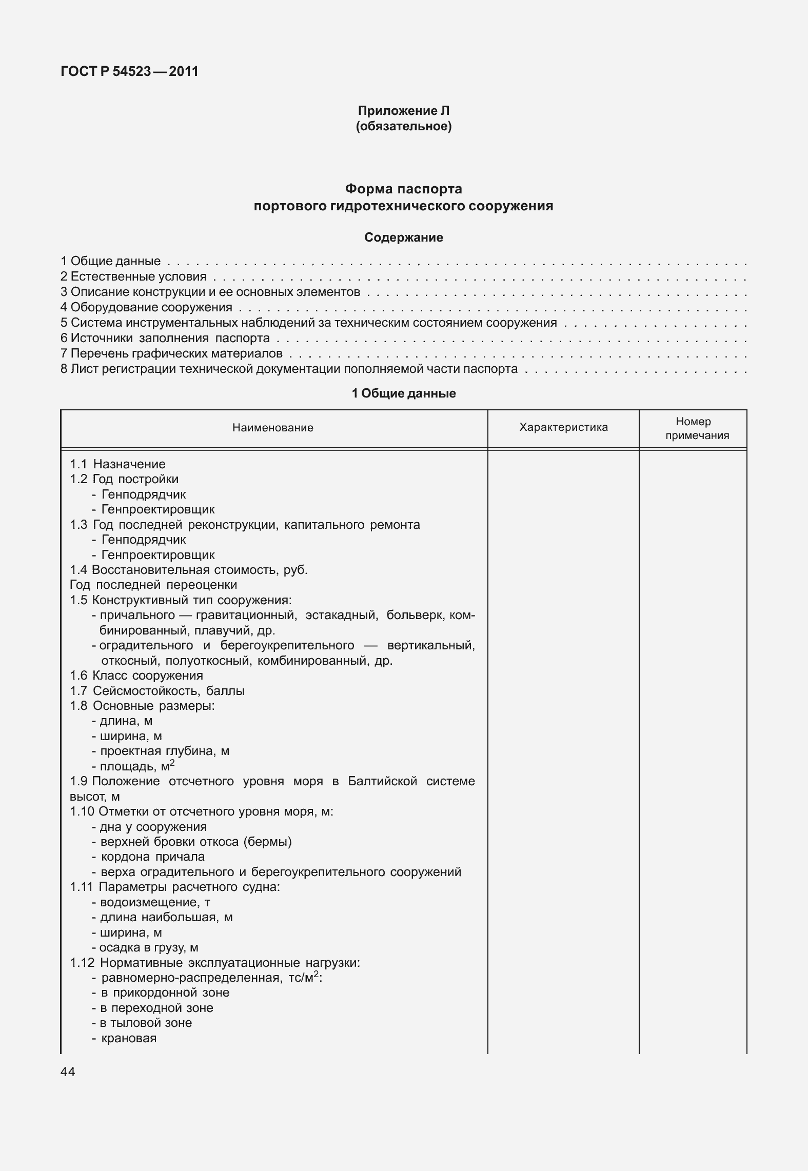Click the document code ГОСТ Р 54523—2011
(x=129, y=71)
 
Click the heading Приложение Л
(x=403, y=111)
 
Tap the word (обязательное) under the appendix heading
(x=403, y=126)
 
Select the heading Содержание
(x=403, y=237)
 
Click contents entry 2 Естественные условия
(x=133, y=277)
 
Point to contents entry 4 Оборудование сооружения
(x=146, y=308)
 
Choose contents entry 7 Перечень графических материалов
(x=171, y=353)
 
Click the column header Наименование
(x=272, y=428)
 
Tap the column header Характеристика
(x=563, y=427)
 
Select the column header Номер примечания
(x=693, y=428)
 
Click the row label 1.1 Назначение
(x=118, y=464)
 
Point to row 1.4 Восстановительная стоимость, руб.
(x=189, y=570)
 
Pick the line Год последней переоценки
(x=153, y=585)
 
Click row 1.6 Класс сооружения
(x=136, y=676)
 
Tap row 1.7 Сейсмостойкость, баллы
(x=157, y=691)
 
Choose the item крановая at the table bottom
(x=129, y=1038)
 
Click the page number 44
(x=68, y=1071)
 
